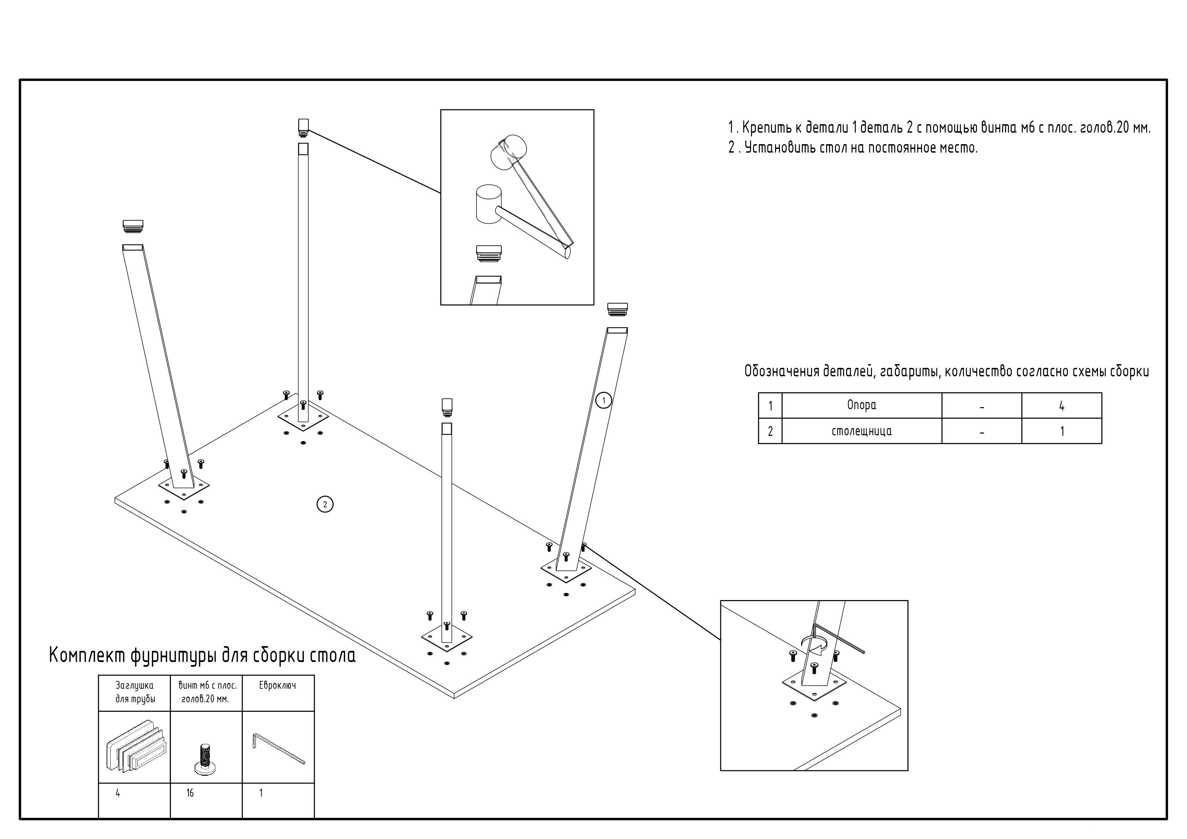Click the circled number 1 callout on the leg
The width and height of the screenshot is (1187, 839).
603,400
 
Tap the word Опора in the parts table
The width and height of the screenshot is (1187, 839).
861,405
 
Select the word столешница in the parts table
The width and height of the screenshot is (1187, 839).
861,431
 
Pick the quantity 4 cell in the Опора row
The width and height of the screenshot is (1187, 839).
1061,406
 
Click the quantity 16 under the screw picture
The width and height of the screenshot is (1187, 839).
190,793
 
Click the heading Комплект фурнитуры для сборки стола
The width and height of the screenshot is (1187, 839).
202,656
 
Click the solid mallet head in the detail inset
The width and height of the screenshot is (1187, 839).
488,204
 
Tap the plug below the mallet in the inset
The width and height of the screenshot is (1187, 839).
488,253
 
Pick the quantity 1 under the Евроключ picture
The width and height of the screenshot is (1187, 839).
261,793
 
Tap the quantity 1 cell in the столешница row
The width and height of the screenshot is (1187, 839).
1062,432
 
